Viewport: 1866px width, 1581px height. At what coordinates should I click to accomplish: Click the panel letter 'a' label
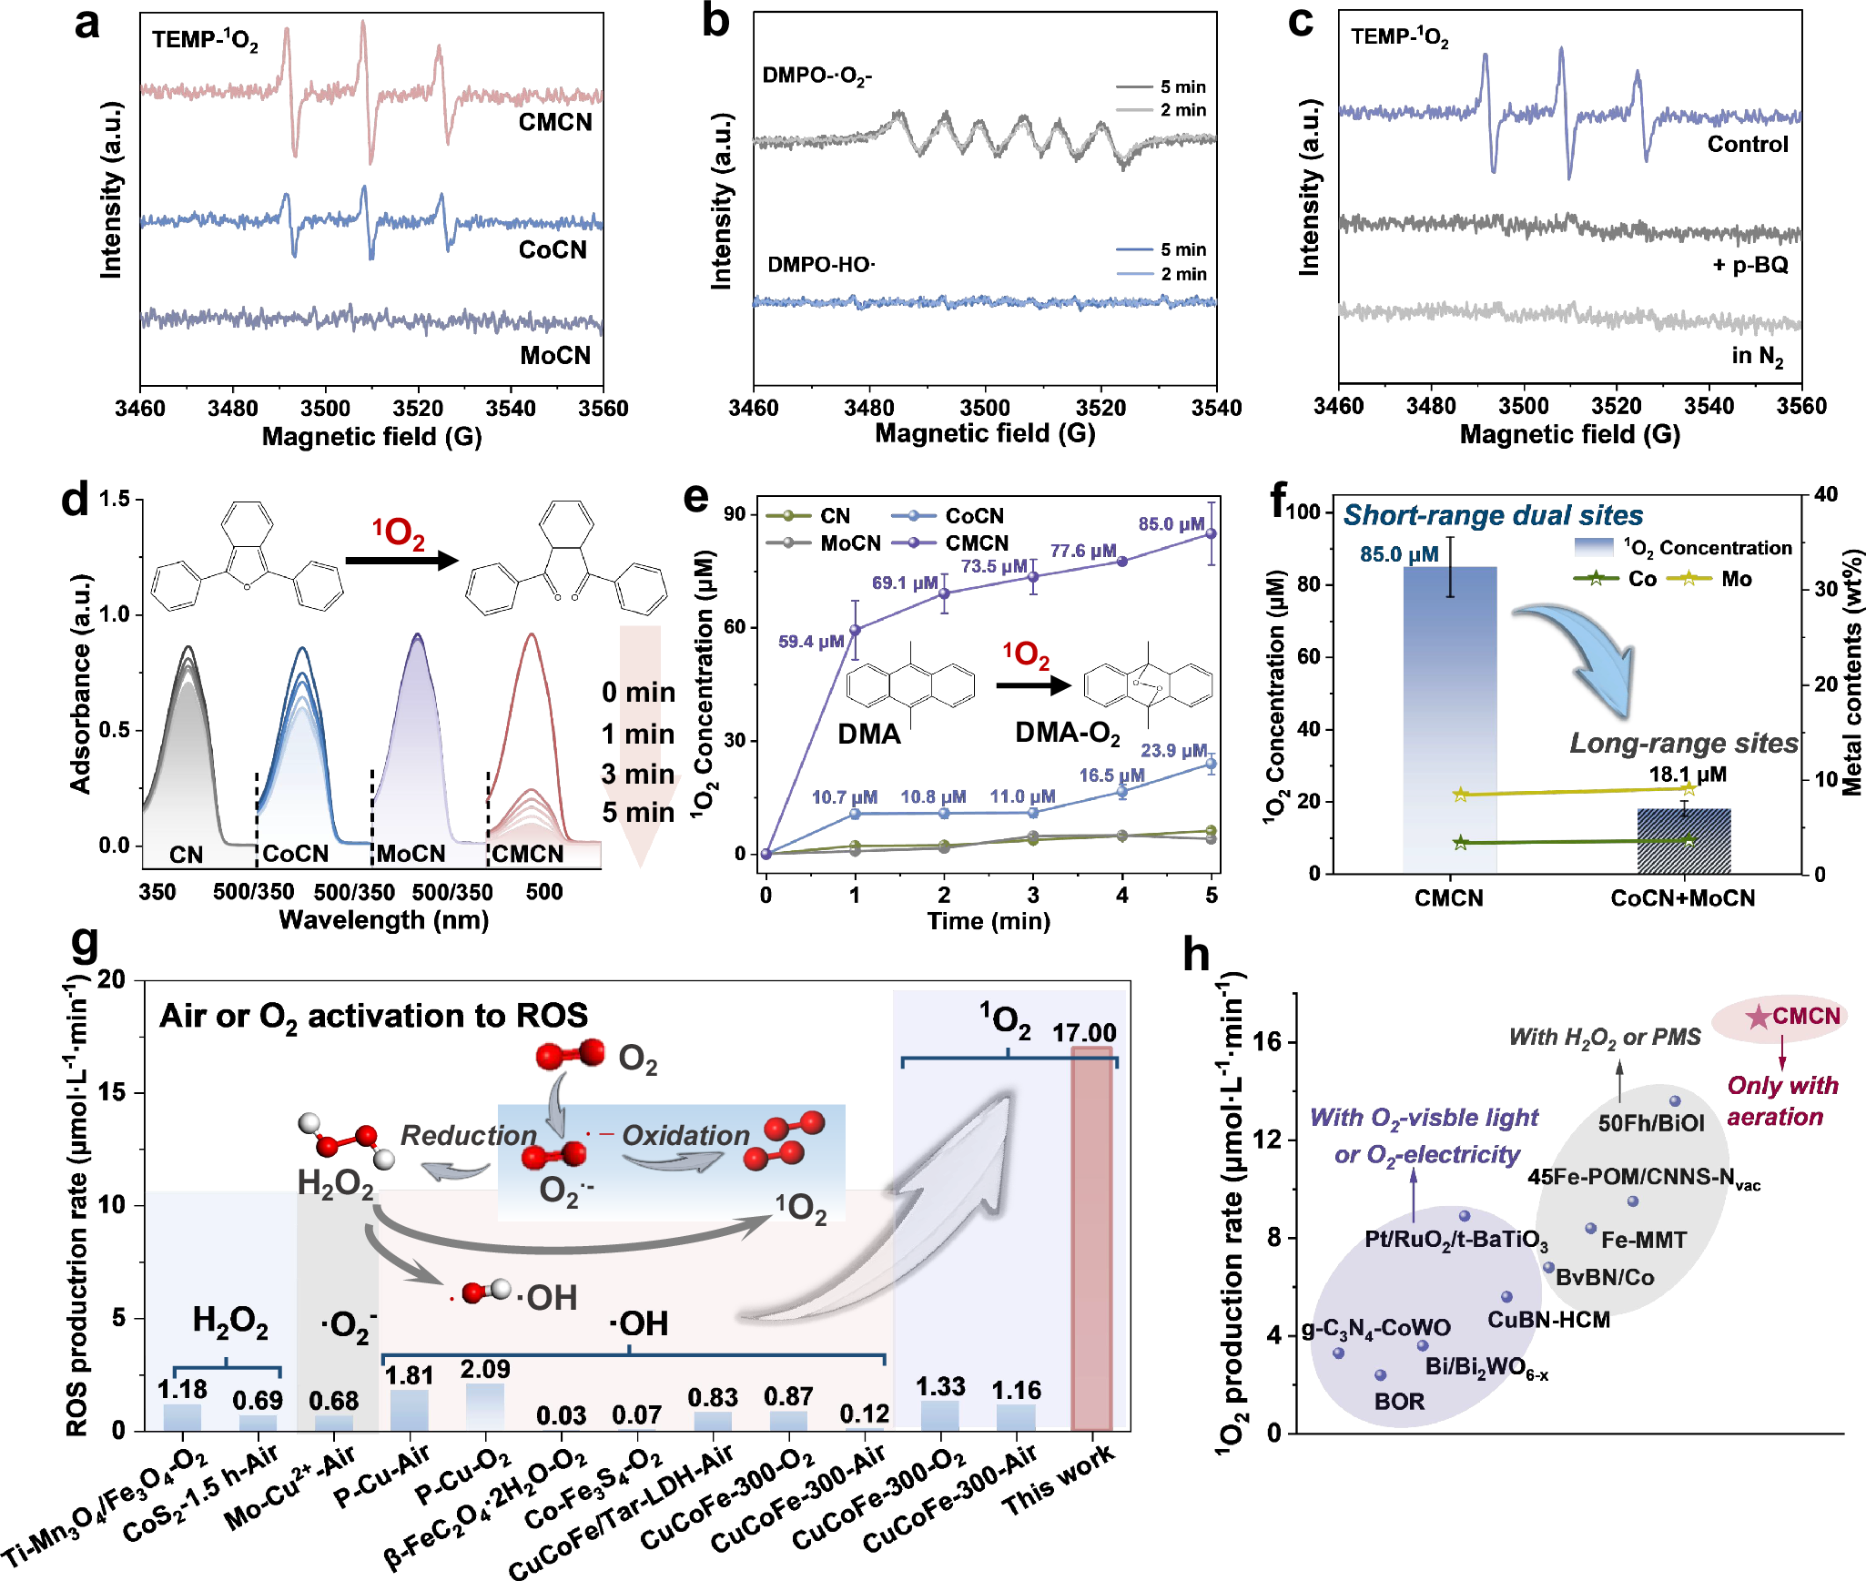[86, 24]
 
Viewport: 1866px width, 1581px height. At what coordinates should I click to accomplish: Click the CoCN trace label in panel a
[553, 250]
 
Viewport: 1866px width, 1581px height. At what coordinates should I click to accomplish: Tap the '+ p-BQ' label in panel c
[1749, 265]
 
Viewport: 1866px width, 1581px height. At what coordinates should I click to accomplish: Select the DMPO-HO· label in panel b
[821, 265]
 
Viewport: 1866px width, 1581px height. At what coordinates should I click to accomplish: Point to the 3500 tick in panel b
[985, 408]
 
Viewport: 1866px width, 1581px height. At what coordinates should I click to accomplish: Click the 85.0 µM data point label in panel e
[1171, 524]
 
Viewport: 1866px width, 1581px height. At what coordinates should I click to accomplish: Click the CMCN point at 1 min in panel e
[855, 630]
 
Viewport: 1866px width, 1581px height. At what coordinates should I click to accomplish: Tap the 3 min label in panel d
[637, 775]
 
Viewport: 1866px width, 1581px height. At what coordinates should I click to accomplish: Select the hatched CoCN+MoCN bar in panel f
[1683, 841]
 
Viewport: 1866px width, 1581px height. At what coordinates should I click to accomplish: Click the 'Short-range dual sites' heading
[1493, 515]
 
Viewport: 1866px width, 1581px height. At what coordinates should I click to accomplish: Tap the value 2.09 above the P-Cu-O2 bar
[485, 1369]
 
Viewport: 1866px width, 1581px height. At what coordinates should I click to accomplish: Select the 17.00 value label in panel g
[1084, 1033]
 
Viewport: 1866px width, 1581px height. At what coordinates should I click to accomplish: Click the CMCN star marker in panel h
[1758, 1017]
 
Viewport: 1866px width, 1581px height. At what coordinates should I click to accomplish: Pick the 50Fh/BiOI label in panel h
[1651, 1123]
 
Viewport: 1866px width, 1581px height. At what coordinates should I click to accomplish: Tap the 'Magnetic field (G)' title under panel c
[1569, 434]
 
